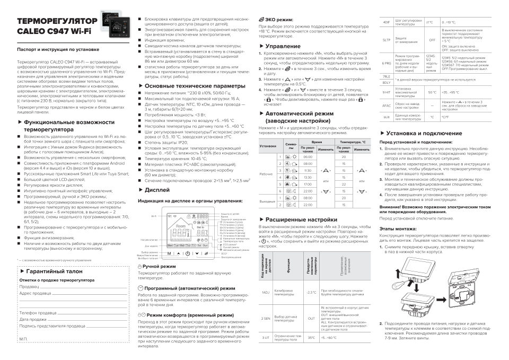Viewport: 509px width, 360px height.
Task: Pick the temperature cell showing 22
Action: click(344, 184)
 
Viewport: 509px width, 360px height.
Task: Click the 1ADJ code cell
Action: click(266, 292)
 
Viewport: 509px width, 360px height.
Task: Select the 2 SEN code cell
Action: click(266, 318)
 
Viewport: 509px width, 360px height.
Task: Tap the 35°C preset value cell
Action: click(311, 338)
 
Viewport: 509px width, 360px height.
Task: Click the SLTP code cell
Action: click(386, 40)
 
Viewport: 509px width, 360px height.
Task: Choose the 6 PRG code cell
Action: click(386, 62)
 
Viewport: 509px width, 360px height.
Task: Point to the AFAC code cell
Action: click(386, 106)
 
